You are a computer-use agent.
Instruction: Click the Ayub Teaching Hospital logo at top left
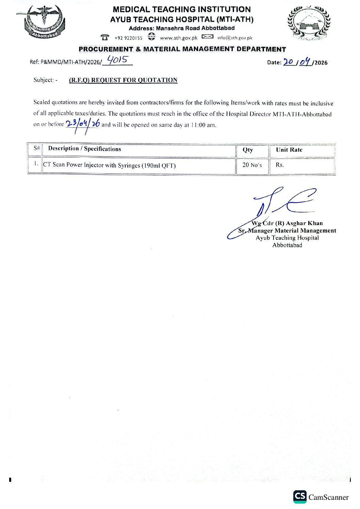click(x=43, y=22)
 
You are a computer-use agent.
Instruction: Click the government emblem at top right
click(x=309, y=23)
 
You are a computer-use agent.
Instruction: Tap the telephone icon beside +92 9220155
click(x=105, y=37)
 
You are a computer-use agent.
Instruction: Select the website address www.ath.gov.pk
click(x=179, y=38)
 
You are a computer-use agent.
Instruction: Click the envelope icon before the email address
click(x=207, y=37)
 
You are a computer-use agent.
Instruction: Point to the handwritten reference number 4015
click(x=117, y=60)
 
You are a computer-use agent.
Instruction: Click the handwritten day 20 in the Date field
click(x=288, y=62)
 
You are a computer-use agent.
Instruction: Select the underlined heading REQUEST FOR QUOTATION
click(x=123, y=80)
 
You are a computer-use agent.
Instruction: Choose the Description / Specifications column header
click(x=85, y=149)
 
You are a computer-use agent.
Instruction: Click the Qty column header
click(x=248, y=150)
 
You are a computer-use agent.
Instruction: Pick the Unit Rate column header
click(x=289, y=150)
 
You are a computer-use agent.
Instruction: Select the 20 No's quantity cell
click(x=252, y=165)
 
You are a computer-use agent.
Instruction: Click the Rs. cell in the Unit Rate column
click(x=280, y=165)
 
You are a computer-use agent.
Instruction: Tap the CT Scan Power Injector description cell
click(x=109, y=165)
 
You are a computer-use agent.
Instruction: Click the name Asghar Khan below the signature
click(x=304, y=223)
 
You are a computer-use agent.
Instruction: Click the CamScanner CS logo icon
click(x=300, y=496)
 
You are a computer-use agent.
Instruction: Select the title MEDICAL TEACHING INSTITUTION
click(x=182, y=10)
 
